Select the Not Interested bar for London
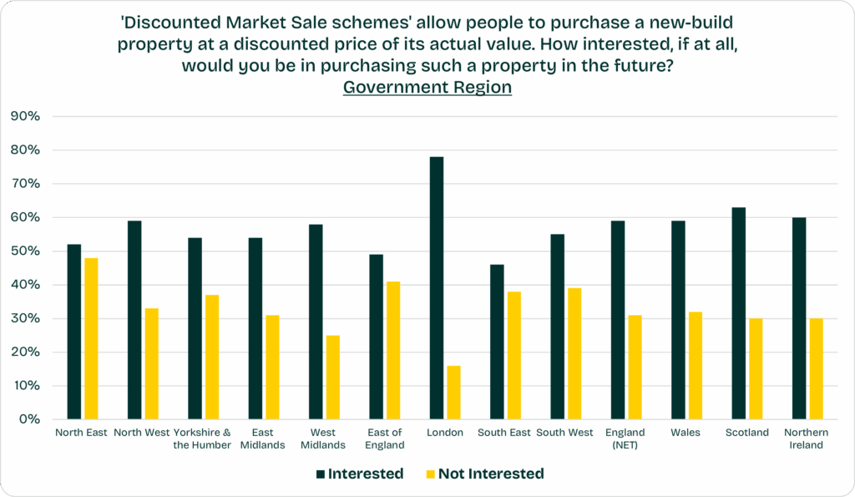point(453,393)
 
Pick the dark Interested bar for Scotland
point(738,313)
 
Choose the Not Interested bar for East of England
point(393,351)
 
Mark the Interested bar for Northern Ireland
point(799,318)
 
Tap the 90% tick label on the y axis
point(24,116)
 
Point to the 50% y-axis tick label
point(24,251)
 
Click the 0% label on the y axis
point(28,419)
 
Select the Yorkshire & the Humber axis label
point(203,439)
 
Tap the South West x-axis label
point(564,433)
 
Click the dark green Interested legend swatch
point(320,474)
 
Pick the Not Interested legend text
point(490,474)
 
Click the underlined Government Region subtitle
point(427,88)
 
